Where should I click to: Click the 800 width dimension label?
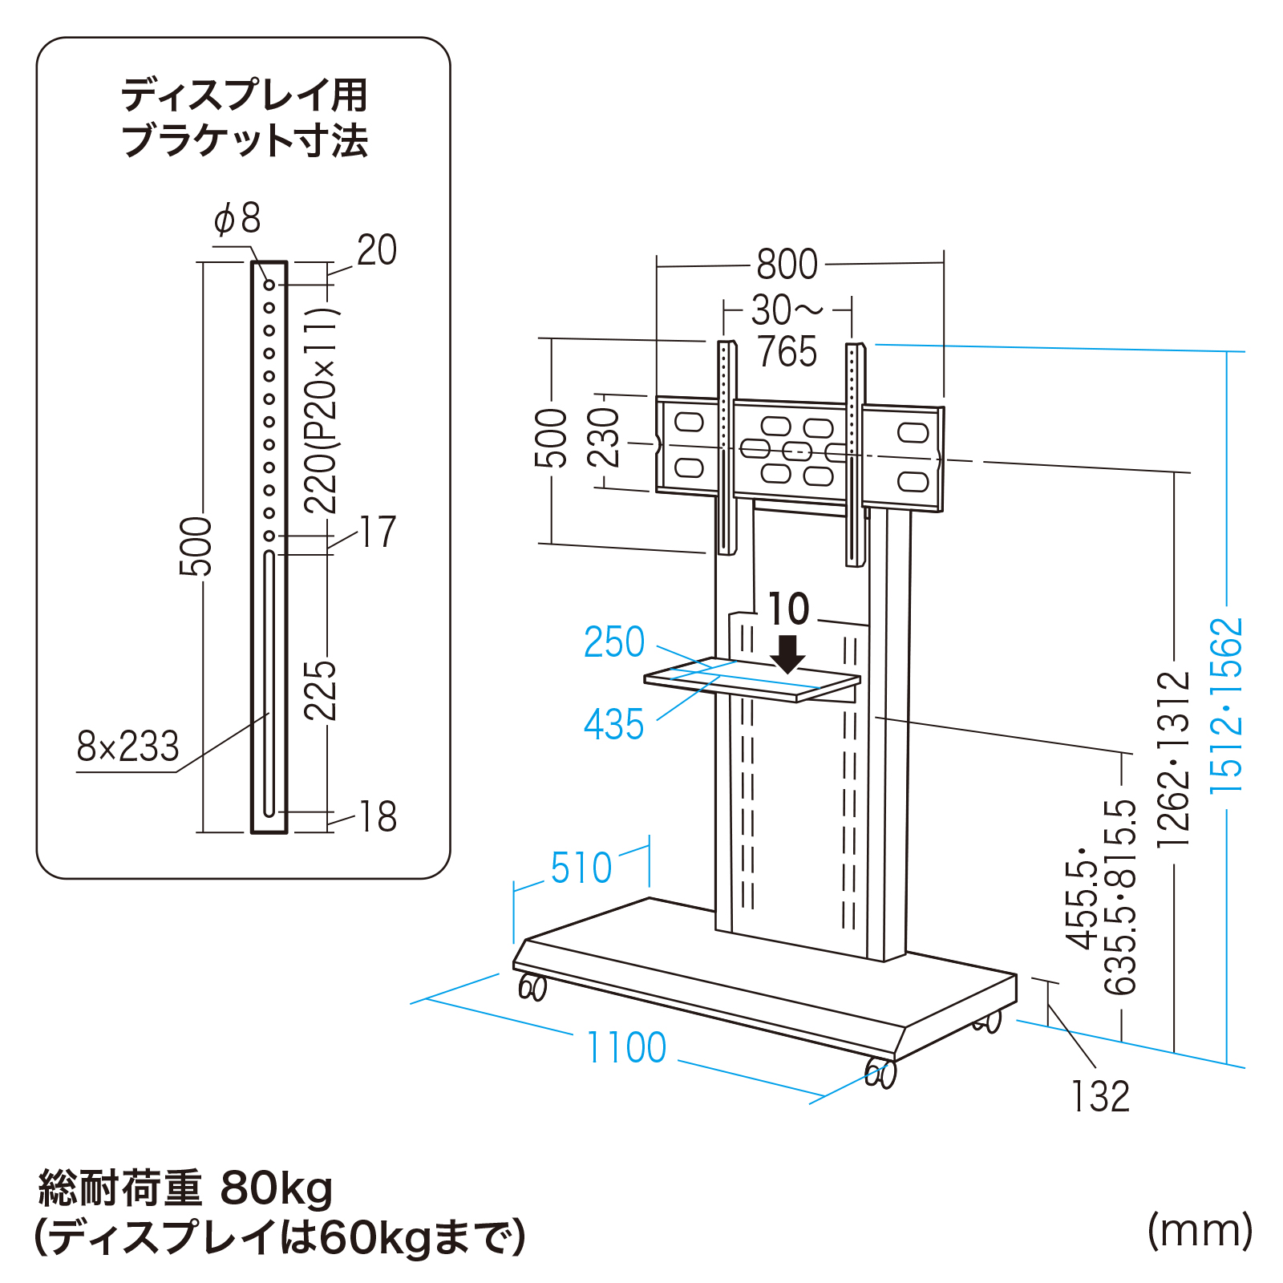787,264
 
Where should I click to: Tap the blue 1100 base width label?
626,1047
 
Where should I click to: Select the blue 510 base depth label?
581,868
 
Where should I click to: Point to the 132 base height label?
1100,1096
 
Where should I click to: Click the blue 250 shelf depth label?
614,641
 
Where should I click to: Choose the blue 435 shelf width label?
614,724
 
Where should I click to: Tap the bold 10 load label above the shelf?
789,609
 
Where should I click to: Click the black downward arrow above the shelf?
788,654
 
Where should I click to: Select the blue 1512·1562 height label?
1227,706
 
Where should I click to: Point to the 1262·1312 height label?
1174,759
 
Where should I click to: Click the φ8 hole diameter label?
237,218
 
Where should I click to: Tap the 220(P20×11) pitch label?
321,410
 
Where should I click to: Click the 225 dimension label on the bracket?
320,690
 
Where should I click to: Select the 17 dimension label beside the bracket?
378,532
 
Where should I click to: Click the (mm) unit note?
1200,1229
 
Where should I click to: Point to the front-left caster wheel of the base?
532,987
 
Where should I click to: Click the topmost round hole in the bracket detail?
269,285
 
